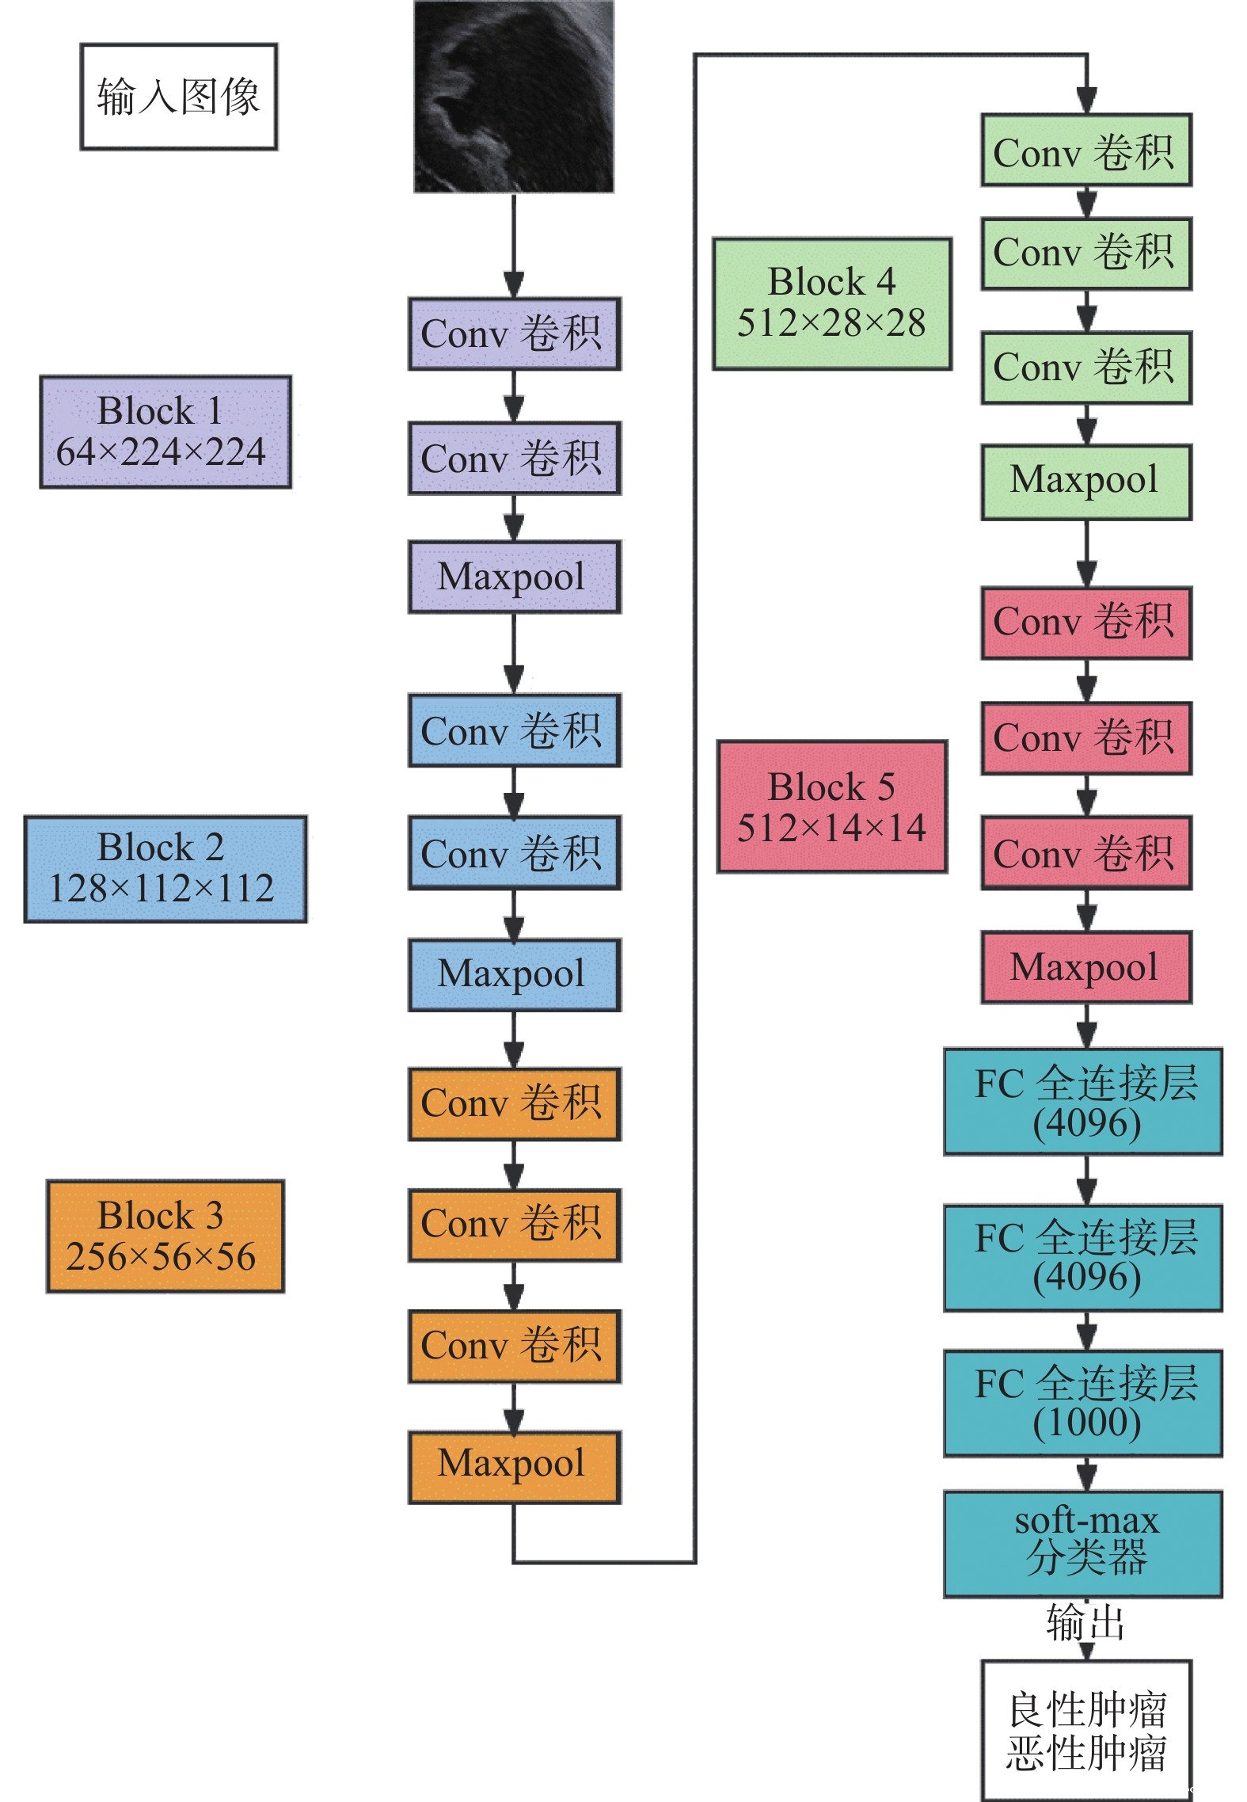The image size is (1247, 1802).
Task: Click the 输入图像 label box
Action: [178, 97]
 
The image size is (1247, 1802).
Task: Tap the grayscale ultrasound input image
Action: [513, 97]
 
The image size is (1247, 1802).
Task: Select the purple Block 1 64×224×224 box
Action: [165, 432]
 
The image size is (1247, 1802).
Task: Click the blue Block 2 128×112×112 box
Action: [165, 869]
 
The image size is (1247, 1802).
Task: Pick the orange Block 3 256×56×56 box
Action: [165, 1236]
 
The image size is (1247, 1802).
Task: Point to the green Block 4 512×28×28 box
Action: [831, 303]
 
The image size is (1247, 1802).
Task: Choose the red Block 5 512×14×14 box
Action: [831, 806]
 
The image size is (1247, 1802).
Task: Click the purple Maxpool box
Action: [514, 577]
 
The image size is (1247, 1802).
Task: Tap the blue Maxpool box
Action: [514, 974]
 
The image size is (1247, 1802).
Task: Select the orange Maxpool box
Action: [514, 1466]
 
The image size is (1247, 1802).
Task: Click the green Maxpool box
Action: [1085, 482]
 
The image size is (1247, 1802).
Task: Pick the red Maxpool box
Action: [1085, 967]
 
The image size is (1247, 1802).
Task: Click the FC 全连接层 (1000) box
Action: [1082, 1403]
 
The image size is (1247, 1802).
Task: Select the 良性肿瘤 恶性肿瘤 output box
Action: [1085, 1730]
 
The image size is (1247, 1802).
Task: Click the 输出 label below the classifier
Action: [1085, 1621]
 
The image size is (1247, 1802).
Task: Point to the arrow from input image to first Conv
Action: [514, 246]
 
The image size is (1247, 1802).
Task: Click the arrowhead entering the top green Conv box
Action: [1086, 100]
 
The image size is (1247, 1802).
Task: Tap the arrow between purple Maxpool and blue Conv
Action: [514, 653]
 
